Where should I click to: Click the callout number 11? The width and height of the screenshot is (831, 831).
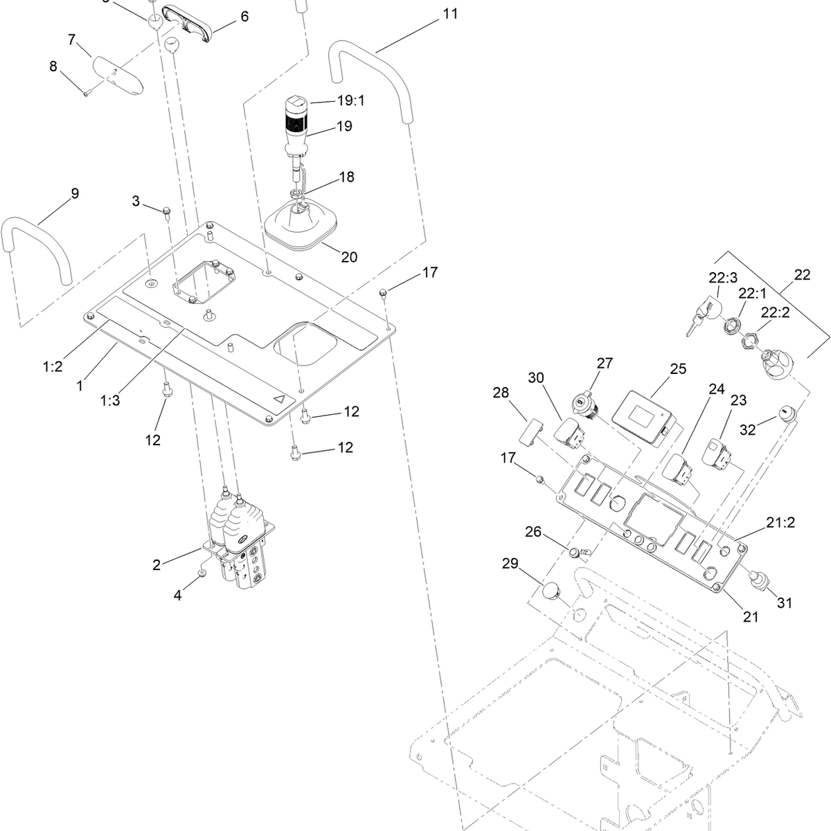tap(450, 14)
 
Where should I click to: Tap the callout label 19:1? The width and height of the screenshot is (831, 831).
tap(350, 100)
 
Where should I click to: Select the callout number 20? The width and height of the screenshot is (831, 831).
tap(349, 257)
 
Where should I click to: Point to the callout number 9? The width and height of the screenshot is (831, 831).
tap(75, 193)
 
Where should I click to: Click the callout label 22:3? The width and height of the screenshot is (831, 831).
tap(723, 278)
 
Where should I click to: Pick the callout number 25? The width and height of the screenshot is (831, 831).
tap(678, 368)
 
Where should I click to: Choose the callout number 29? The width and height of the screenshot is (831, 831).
tap(510, 563)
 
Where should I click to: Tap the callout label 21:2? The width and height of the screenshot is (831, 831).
tap(780, 522)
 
